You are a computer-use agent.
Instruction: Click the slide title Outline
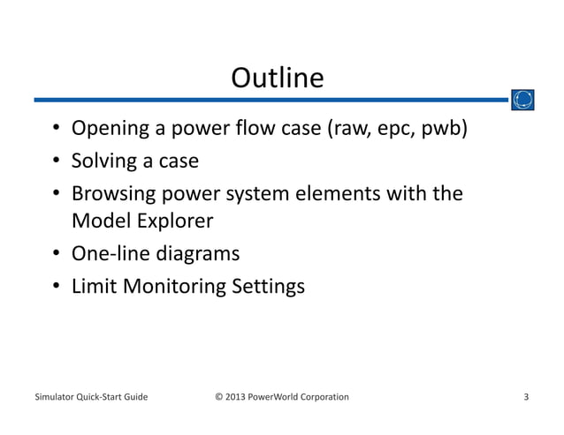click(277, 79)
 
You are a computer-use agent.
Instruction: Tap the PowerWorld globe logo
click(522, 100)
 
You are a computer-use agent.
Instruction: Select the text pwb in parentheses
click(442, 131)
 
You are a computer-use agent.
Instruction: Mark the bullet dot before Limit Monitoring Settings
click(56, 287)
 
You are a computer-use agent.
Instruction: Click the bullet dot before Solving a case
click(56, 162)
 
